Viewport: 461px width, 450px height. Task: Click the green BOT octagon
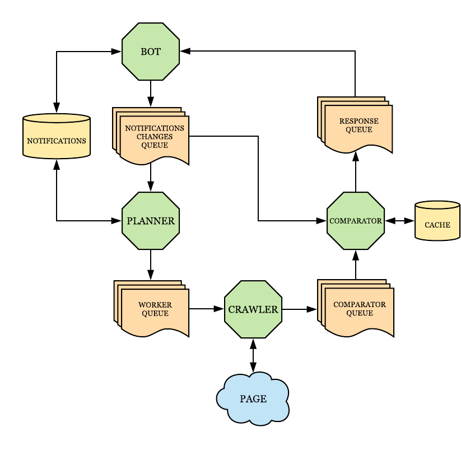tap(151, 52)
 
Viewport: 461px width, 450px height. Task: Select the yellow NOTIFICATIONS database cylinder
tap(57, 137)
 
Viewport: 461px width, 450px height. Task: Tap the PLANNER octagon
tap(151, 221)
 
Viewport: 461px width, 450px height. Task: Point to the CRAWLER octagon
tap(253, 309)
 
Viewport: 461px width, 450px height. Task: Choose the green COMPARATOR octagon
tap(356, 221)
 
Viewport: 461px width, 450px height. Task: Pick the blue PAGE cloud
tap(253, 398)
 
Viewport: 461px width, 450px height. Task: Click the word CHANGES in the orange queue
tap(155, 137)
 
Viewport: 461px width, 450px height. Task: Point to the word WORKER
tap(155, 305)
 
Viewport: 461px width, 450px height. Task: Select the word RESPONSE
tap(359, 121)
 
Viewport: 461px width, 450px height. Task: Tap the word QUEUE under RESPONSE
tap(359, 129)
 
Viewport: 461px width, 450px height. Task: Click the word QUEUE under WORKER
tap(155, 313)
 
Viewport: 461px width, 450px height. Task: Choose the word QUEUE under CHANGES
tap(155, 145)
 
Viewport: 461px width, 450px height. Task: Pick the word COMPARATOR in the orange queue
tap(360, 304)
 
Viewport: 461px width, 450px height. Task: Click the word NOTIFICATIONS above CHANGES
tap(155, 128)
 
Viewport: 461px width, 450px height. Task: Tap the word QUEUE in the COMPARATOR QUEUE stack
tap(360, 313)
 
